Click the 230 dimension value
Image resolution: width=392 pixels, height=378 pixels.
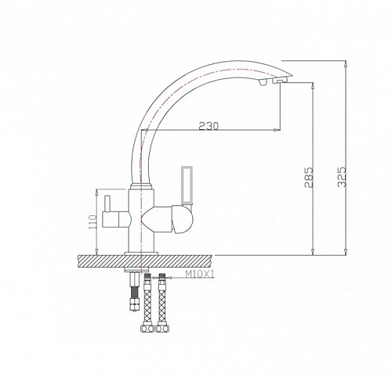[x=208, y=125]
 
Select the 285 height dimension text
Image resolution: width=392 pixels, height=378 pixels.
[x=310, y=179]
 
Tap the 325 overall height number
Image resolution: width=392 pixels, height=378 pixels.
[x=340, y=179]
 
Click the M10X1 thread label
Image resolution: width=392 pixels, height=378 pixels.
[x=201, y=275]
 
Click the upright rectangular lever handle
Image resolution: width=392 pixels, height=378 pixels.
[x=188, y=185]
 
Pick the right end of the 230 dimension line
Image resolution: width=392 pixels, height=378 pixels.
[x=279, y=130]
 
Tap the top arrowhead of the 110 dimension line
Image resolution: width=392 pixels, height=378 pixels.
[x=98, y=191]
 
